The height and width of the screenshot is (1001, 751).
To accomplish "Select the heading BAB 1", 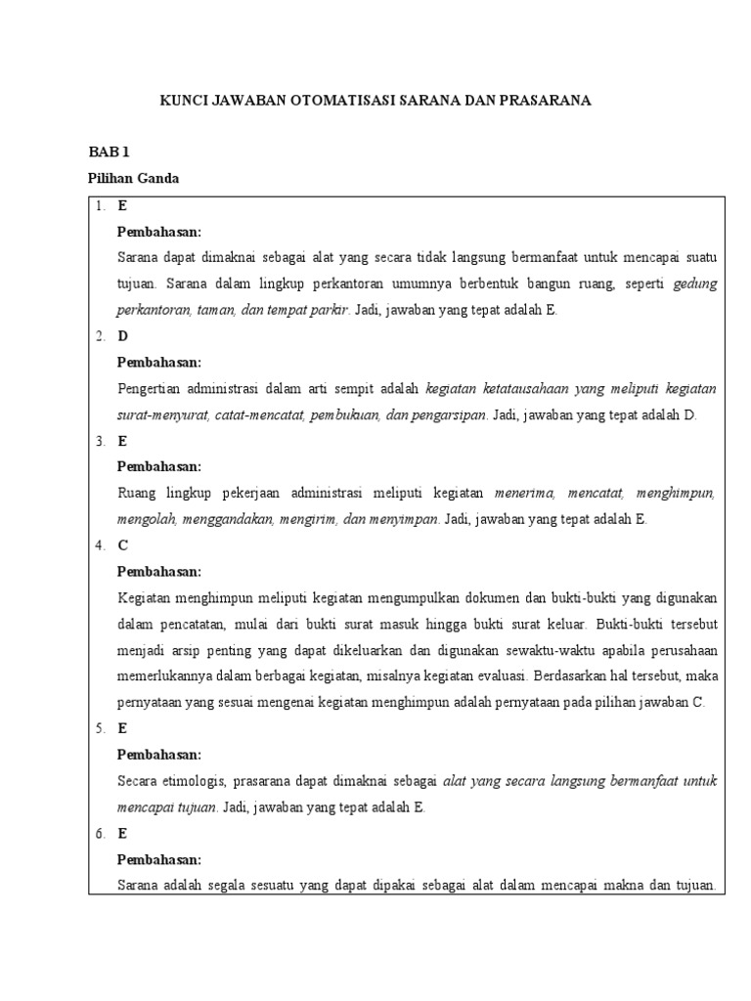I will [109, 152].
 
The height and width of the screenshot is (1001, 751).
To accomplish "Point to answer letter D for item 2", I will [123, 336].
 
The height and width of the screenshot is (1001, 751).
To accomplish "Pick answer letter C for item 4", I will [122, 545].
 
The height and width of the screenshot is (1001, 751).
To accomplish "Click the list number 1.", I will [101, 206].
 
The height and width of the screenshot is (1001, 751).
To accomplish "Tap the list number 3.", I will [101, 441].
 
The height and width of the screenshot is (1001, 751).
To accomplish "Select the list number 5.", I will [101, 728].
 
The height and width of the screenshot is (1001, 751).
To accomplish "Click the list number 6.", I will [101, 834].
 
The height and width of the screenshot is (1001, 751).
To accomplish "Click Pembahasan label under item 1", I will [158, 232].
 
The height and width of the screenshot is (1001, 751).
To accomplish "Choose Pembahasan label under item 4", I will [158, 571].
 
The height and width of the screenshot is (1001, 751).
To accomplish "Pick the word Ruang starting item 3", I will [136, 494].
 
